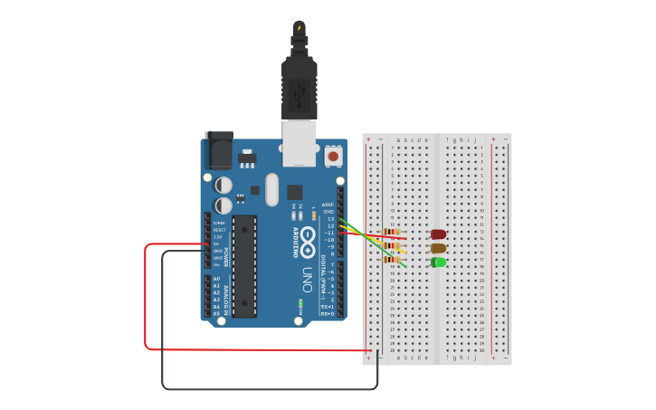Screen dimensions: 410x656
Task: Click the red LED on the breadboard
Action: [438, 234]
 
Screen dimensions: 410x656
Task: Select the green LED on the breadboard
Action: [438, 262]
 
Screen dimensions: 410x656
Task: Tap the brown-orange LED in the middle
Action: [438, 248]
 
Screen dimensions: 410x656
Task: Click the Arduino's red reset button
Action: [333, 157]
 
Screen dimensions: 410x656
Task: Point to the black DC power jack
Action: [218, 149]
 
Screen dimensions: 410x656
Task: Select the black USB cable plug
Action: [299, 86]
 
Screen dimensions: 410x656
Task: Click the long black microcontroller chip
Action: [244, 266]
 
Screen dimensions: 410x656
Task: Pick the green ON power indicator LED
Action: [299, 303]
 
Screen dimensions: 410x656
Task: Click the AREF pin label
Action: [328, 205]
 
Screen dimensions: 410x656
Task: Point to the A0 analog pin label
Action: [216, 279]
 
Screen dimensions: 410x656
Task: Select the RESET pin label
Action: [219, 230]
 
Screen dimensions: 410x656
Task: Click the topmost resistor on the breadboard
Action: [392, 232]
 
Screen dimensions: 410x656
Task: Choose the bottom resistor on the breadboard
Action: [392, 260]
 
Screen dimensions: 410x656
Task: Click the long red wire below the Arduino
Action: [253, 348]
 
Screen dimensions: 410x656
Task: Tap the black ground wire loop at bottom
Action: [271, 389]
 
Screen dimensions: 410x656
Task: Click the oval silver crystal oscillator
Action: [272, 190]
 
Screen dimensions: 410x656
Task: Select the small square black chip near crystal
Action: [295, 192]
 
